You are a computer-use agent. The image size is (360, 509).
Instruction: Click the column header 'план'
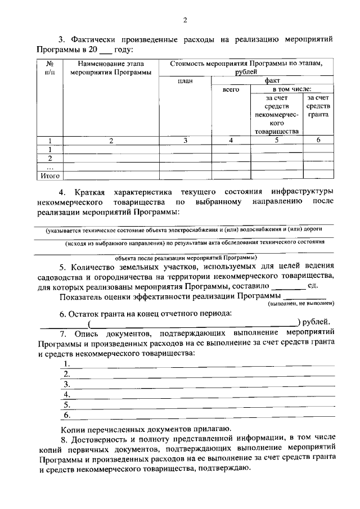point(185,81)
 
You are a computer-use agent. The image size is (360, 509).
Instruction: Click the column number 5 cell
point(276,141)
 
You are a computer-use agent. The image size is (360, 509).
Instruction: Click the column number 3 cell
point(185,141)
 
